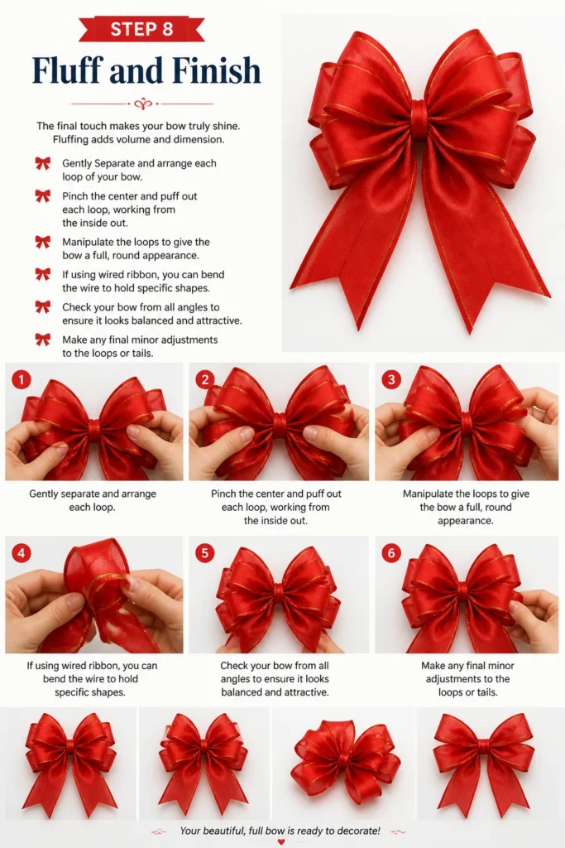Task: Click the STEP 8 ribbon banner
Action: [x=141, y=29]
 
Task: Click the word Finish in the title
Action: [x=217, y=70]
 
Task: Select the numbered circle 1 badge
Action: [x=21, y=379]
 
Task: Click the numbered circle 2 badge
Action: [x=204, y=379]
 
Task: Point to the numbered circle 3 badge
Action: [x=391, y=379]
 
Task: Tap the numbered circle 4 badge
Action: [x=21, y=552]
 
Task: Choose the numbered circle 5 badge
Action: [x=204, y=552]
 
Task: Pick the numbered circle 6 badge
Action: [x=391, y=552]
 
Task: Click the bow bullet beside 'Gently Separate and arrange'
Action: [x=43, y=163]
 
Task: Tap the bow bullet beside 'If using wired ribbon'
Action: [x=43, y=274]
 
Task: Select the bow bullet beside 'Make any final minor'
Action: [x=43, y=340]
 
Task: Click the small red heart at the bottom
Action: [x=280, y=841]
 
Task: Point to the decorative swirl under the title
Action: [x=142, y=103]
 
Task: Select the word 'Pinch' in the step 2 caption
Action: [x=223, y=494]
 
